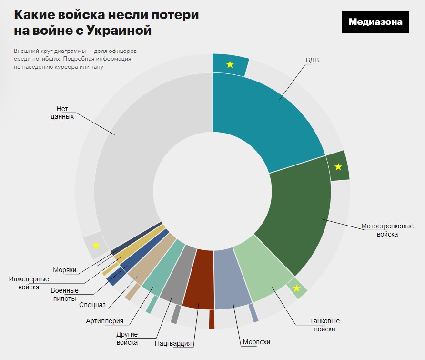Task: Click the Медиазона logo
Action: point(375,22)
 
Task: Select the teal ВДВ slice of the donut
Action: point(267,119)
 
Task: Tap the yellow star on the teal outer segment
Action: point(230,64)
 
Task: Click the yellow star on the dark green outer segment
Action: point(338,166)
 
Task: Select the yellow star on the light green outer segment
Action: point(297,288)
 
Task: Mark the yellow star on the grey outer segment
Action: point(96,245)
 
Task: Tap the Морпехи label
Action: point(256,342)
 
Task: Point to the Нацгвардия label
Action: point(173,343)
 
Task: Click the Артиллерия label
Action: point(104,321)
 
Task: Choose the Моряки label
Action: point(65,270)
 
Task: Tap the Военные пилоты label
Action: point(64,295)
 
